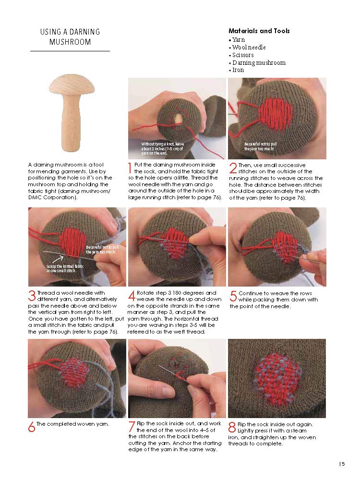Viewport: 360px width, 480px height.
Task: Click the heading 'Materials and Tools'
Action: point(259,31)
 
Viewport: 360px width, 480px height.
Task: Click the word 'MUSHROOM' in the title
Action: point(70,42)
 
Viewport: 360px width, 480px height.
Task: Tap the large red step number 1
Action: point(130,168)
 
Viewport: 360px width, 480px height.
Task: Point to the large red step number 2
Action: point(233,168)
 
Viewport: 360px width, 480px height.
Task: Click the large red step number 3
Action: point(32,296)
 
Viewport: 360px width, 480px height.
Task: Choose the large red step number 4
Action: point(132,296)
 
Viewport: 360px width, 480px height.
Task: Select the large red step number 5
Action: point(233,296)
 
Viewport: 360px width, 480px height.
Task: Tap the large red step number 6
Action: point(32,427)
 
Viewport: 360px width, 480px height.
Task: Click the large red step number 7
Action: point(132,427)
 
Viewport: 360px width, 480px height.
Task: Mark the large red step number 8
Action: point(232,427)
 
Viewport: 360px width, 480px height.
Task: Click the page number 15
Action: point(342,464)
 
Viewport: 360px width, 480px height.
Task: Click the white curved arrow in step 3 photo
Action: point(58,259)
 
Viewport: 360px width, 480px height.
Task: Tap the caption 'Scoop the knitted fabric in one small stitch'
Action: point(65,268)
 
